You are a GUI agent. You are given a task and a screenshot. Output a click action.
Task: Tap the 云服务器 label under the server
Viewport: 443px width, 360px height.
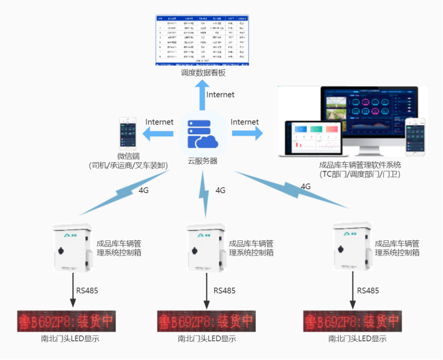pyautogui.click(x=202, y=161)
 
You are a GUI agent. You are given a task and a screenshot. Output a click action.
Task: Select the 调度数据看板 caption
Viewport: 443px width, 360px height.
pyautogui.click(x=203, y=72)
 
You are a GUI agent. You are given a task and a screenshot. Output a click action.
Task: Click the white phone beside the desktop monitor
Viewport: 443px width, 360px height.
pyautogui.click(x=415, y=137)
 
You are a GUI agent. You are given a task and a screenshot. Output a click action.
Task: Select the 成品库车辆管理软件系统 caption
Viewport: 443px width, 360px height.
pyautogui.click(x=360, y=164)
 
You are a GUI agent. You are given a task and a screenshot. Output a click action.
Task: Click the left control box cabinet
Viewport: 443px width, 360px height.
pyautogui.click(x=73, y=248)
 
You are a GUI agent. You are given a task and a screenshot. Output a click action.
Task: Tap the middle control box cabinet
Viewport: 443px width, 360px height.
pyautogui.click(x=206, y=248)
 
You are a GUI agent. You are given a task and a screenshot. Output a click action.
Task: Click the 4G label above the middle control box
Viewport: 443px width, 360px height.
pyautogui.click(x=220, y=190)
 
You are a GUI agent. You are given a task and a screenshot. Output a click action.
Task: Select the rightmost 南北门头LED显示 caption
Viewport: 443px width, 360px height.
pyautogui.click(x=357, y=339)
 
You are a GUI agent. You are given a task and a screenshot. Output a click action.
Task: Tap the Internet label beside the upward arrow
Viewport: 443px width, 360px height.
pyautogui.click(x=221, y=95)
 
